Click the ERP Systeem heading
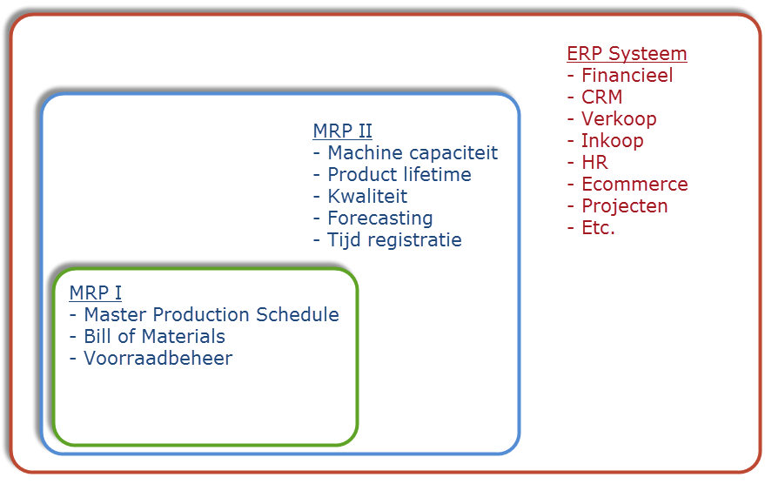click(627, 54)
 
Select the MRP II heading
click(343, 131)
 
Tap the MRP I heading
click(96, 292)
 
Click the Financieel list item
click(627, 75)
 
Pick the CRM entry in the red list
click(602, 97)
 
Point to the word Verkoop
click(619, 119)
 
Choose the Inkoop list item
click(613, 141)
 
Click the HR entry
click(594, 163)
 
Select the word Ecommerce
click(634, 185)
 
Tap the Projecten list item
click(625, 206)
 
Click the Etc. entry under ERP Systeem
click(598, 228)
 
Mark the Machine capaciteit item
click(413, 152)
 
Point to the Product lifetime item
click(399, 175)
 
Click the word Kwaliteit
click(367, 196)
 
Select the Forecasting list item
click(380, 218)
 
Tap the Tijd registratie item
click(394, 240)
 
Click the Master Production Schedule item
click(211, 315)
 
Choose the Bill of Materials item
click(155, 337)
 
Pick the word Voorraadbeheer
click(158, 358)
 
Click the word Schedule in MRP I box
click(298, 315)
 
